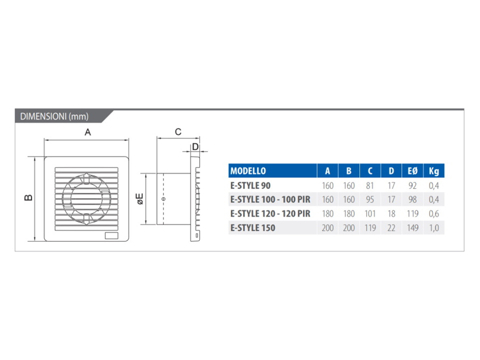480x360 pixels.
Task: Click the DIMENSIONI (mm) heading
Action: coord(54,116)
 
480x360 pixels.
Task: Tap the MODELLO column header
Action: coord(248,171)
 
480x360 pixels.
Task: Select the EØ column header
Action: coord(412,171)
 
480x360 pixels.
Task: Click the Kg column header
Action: coord(434,171)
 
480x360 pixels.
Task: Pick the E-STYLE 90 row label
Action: coord(250,185)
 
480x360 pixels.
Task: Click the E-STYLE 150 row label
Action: coord(253,228)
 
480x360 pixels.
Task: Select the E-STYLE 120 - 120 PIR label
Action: coord(270,213)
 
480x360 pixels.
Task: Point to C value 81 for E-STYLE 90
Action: coord(370,185)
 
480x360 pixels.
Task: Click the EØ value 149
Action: coord(412,228)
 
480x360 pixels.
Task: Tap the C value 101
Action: coord(370,213)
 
